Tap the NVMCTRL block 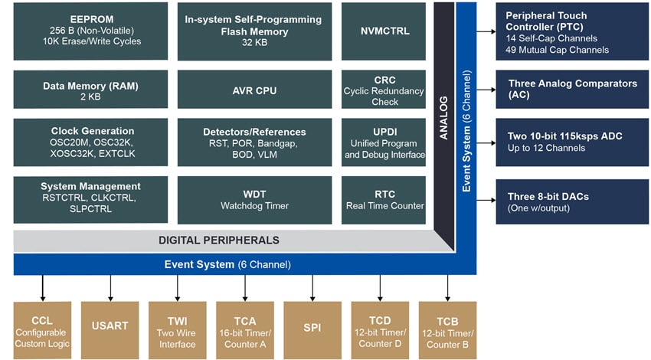(x=384, y=31)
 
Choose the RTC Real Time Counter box (x=384, y=199)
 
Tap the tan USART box (x=110, y=326)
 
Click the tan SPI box (x=312, y=326)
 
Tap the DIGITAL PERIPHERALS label (x=218, y=240)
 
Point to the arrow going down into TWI (x=178, y=288)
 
